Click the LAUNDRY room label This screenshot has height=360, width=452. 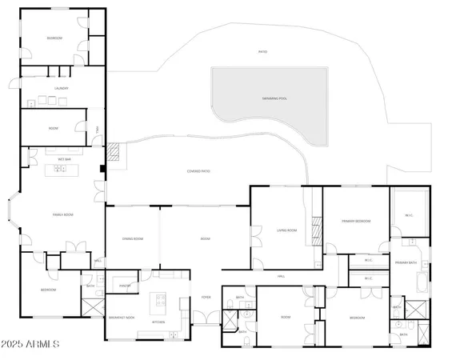pos(61,88)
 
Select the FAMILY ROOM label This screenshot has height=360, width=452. pos(63,214)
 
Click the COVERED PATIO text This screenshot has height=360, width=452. pos(198,171)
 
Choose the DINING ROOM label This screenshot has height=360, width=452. pos(133,238)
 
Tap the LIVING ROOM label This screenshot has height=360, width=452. pos(287,230)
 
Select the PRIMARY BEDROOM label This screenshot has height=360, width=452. pos(355,221)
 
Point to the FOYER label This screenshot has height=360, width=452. pos(206,296)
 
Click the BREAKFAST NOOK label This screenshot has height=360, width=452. pos(122,318)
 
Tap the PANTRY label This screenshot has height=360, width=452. pos(125,285)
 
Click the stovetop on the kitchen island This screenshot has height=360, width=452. pos(159,303)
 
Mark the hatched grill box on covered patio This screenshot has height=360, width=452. pos(114,151)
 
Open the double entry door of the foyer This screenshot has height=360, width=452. pos(206,324)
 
